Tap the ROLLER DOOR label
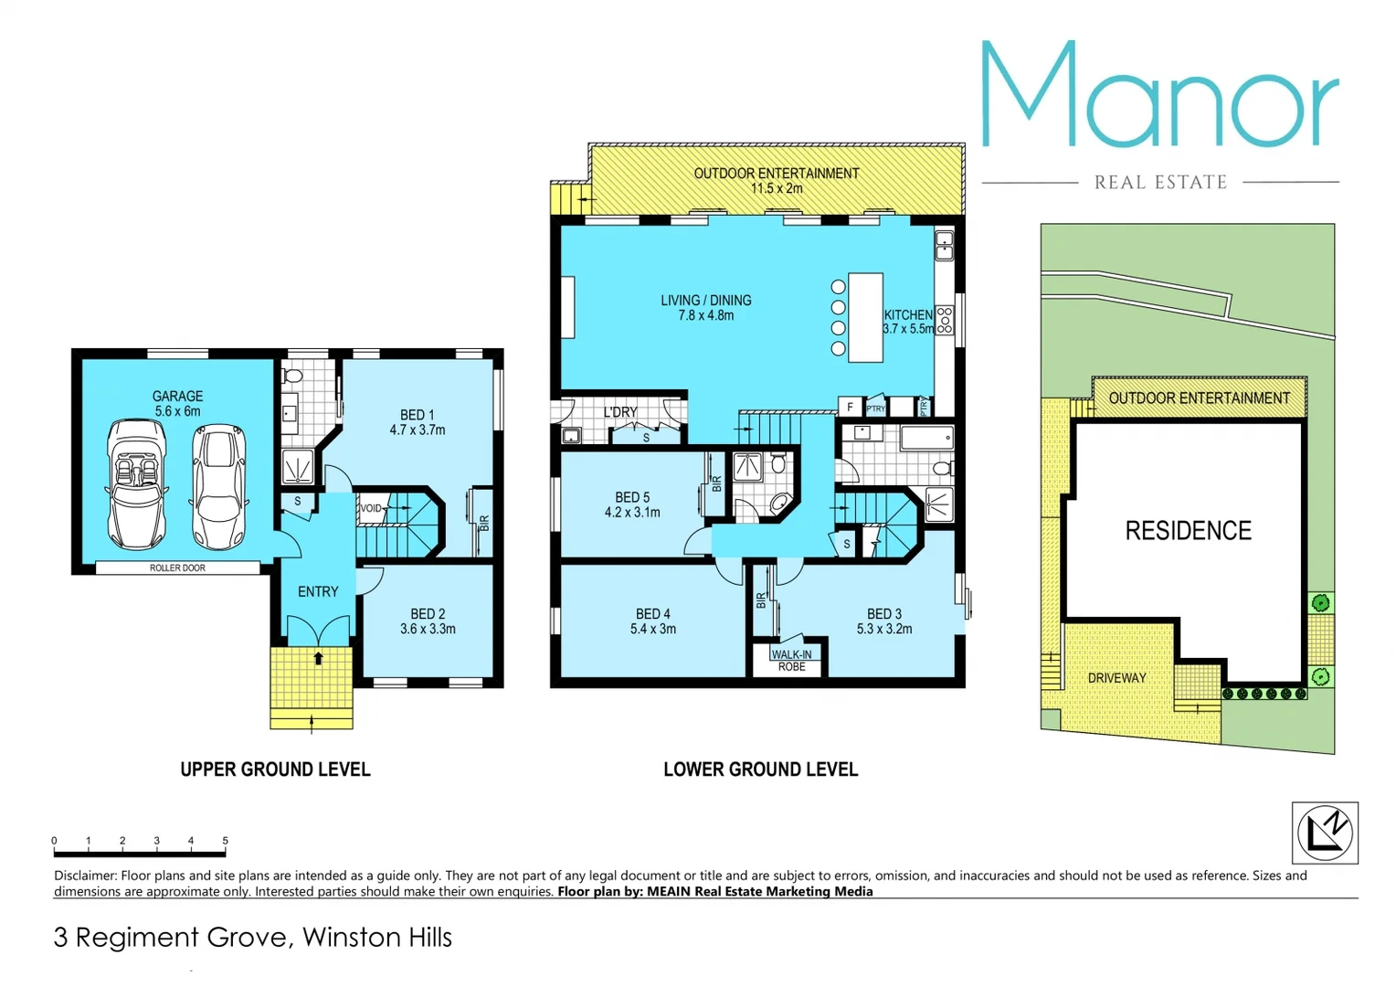click(177, 568)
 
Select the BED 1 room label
click(418, 415)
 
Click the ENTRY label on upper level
click(318, 591)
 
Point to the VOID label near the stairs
click(371, 508)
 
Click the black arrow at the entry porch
click(319, 658)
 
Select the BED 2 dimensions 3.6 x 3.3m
click(428, 629)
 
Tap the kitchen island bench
click(865, 317)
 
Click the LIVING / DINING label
click(706, 300)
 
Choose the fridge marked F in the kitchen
click(851, 408)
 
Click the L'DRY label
click(620, 412)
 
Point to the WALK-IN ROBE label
click(791, 661)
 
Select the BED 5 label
click(632, 497)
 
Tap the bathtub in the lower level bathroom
click(926, 438)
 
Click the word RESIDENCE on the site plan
click(1188, 530)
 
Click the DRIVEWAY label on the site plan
click(1116, 677)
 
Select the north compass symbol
click(1325, 833)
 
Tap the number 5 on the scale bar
click(225, 840)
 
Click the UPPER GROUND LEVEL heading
click(275, 769)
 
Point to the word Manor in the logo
click(1159, 95)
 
